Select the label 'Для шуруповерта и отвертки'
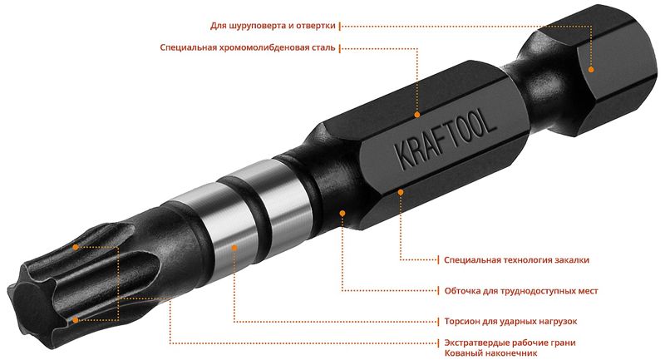tap(273, 26)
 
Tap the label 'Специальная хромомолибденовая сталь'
tap(248, 47)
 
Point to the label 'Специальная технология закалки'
tap(516, 260)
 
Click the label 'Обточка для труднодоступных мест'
tap(521, 291)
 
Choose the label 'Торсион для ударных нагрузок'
tap(510, 322)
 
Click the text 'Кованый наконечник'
tap(490, 353)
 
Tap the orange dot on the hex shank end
tap(591, 70)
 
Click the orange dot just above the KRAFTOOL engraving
tap(417, 115)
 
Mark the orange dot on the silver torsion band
tap(234, 247)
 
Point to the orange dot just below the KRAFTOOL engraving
tap(401, 192)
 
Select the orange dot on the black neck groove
tap(342, 213)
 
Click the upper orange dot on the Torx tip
tap(76, 247)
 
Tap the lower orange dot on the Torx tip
tap(76, 320)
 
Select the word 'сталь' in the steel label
tap(323, 47)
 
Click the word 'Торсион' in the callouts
tap(461, 322)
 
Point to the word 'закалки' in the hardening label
tap(572, 260)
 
